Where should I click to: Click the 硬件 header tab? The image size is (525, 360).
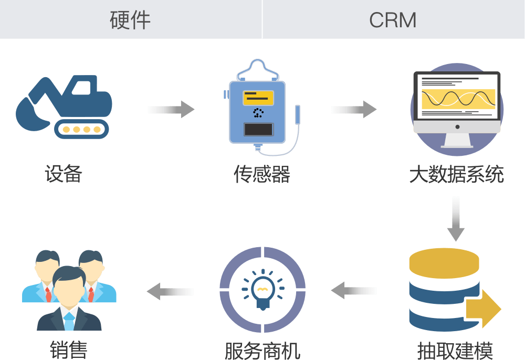tap(130, 19)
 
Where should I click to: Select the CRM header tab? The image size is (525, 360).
tap(393, 20)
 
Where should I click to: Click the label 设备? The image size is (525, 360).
tap(64, 174)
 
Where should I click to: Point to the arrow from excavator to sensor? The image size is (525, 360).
tap(171, 109)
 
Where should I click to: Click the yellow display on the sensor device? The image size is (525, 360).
tap(258, 98)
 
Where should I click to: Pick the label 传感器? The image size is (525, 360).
tap(262, 174)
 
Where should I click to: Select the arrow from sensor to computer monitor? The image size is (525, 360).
tap(354, 109)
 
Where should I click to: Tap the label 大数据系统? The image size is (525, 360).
tap(456, 174)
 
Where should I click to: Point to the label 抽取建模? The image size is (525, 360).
tap(455, 351)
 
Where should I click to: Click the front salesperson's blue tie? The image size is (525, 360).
tap(69, 320)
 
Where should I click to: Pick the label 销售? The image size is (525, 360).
tap(68, 351)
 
